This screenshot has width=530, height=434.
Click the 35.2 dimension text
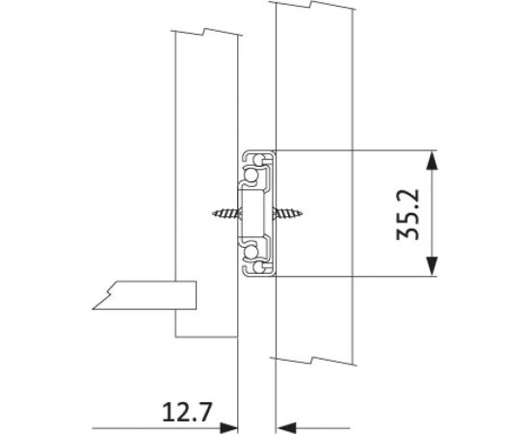point(409,214)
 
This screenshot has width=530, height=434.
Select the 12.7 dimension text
point(187,412)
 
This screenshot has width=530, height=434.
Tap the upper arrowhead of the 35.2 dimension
point(432,161)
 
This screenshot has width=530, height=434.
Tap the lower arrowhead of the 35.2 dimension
point(432,265)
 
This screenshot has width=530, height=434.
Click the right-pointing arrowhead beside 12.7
point(228,428)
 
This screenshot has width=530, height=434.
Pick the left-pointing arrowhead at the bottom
point(286,428)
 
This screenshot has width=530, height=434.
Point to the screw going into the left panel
point(225,213)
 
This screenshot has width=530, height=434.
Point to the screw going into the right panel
point(288,213)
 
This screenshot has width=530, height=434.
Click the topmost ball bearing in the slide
point(259,159)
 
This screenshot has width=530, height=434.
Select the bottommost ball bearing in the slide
point(259,267)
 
